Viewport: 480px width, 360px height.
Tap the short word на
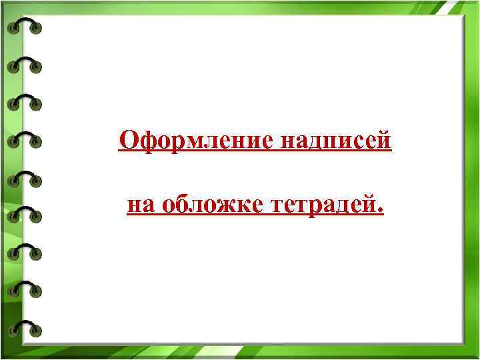pyautogui.click(x=140, y=206)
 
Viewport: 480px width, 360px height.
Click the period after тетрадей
pyautogui.click(x=381, y=212)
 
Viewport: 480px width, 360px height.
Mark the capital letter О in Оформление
pyautogui.click(x=128, y=141)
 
